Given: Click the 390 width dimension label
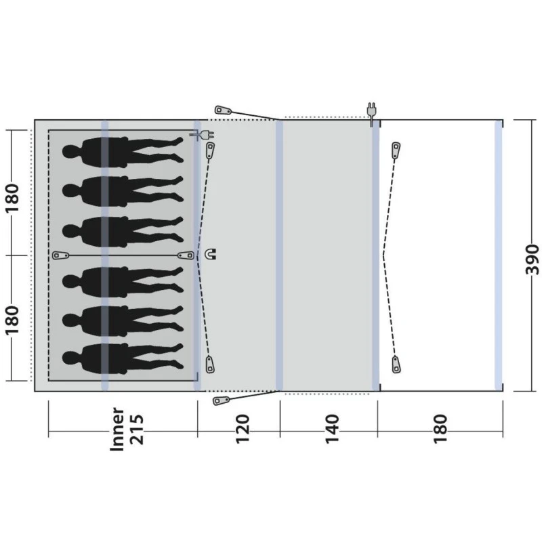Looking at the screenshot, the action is pyautogui.click(x=532, y=255).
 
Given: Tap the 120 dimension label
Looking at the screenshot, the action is pyautogui.click(x=243, y=429).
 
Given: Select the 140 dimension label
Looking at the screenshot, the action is pyautogui.click(x=332, y=429).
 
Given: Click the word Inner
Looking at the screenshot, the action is pyautogui.click(x=117, y=429).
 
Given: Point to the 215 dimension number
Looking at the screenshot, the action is pyautogui.click(x=136, y=429).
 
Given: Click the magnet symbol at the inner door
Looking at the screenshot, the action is pyautogui.click(x=211, y=255).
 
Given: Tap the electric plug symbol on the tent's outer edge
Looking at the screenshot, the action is pyautogui.click(x=371, y=113).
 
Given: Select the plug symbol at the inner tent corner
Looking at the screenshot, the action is pyautogui.click(x=202, y=135).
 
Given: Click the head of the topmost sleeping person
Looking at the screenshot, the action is pyautogui.click(x=70, y=151).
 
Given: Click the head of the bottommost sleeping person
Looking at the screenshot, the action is pyautogui.click(x=70, y=358).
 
